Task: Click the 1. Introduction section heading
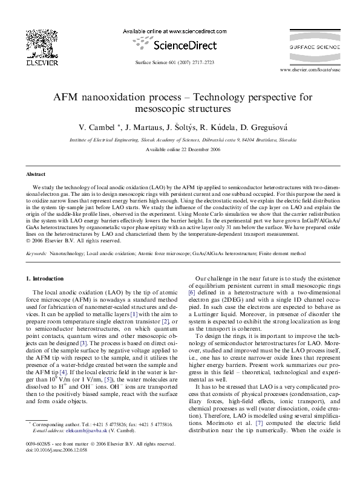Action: (47, 279)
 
